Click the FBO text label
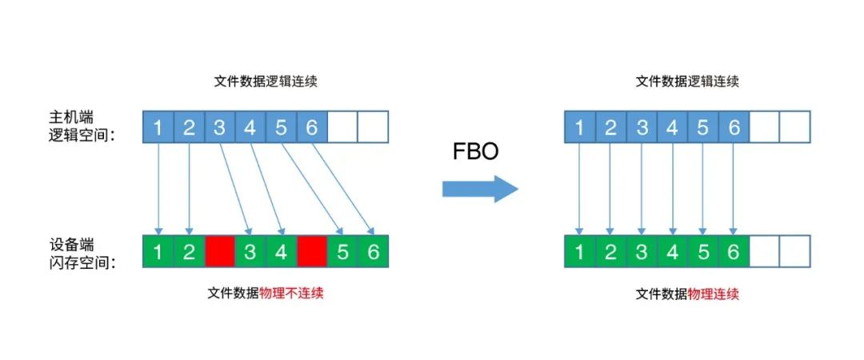pyautogui.click(x=475, y=152)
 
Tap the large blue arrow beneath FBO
pyautogui.click(x=480, y=189)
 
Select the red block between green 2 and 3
pyautogui.click(x=219, y=252)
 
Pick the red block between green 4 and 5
pyautogui.click(x=312, y=252)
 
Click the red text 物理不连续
pyautogui.click(x=291, y=294)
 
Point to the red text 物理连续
pyautogui.click(x=714, y=294)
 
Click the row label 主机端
pyautogui.click(x=70, y=118)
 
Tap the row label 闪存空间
pyautogui.click(x=82, y=264)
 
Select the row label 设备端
pyautogui.click(x=70, y=244)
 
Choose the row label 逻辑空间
pyautogui.click(x=82, y=136)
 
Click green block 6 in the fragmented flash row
pyautogui.click(x=374, y=252)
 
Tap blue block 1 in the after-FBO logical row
pyautogui.click(x=580, y=127)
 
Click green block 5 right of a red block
pyautogui.click(x=342, y=252)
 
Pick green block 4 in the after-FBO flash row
pyautogui.click(x=672, y=252)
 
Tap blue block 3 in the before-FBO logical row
pyautogui.click(x=219, y=127)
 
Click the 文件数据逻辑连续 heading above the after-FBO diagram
pyautogui.click(x=687, y=82)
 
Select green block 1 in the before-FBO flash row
pyautogui.click(x=158, y=252)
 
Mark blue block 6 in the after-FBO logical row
pyautogui.click(x=734, y=127)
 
